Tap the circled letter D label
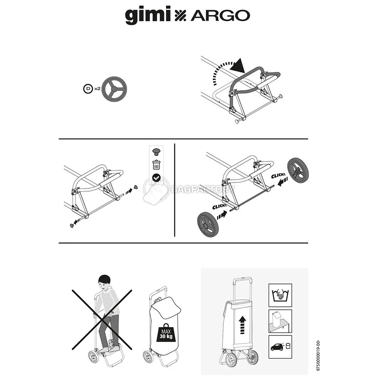88,89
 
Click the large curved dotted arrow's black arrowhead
237,66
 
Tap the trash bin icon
156,165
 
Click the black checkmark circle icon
156,177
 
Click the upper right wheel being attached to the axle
298,170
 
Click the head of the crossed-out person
104,281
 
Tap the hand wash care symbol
280,295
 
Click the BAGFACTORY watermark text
202,189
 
